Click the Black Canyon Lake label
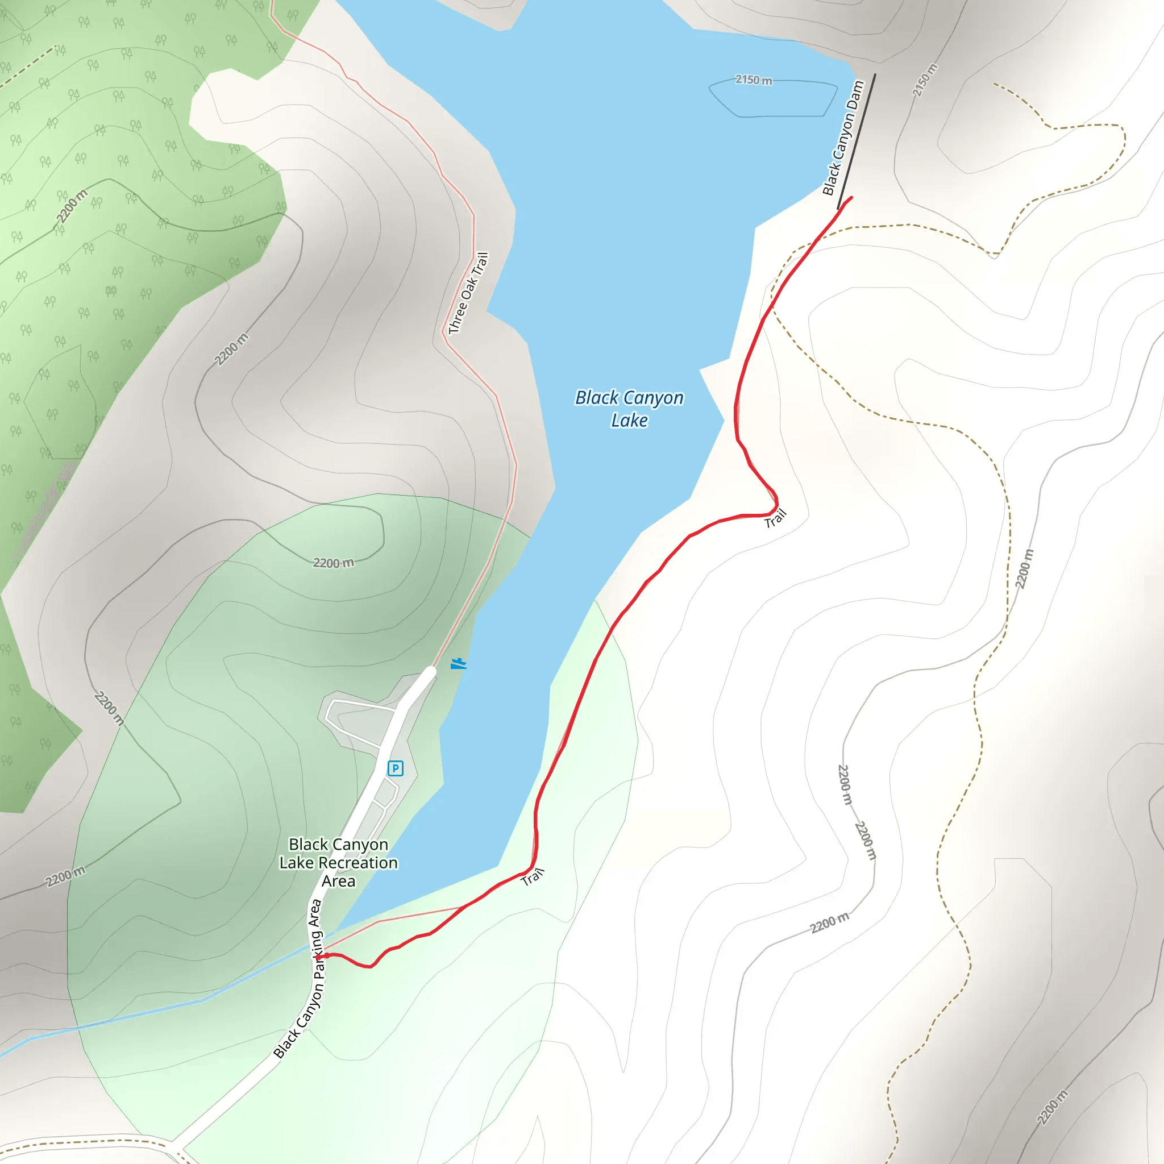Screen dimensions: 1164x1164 pyautogui.click(x=629, y=409)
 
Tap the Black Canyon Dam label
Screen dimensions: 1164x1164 pyautogui.click(x=843, y=138)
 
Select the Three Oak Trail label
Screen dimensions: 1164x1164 pyautogui.click(x=468, y=293)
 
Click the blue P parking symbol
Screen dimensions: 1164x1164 pyautogui.click(x=395, y=768)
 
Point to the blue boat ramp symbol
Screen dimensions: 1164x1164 pyautogui.click(x=459, y=663)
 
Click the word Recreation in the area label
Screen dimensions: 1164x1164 pyautogui.click(x=358, y=863)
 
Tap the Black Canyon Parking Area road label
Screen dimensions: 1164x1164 pyautogui.click(x=300, y=980)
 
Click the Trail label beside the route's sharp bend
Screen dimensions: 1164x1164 pyautogui.click(x=775, y=519)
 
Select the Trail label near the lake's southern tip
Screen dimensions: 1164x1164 pyautogui.click(x=533, y=876)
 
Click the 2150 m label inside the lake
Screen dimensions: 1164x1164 pyautogui.click(x=754, y=80)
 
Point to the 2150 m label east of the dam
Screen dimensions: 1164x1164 pyautogui.click(x=924, y=80)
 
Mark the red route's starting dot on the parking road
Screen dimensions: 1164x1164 pyautogui.click(x=318, y=956)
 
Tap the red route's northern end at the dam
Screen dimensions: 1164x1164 pyautogui.click(x=851, y=198)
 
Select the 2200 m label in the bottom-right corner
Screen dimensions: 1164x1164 pyautogui.click(x=1052, y=1107)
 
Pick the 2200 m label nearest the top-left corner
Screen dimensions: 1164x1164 pyautogui.click(x=72, y=206)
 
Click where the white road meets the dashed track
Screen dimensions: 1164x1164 pyautogui.click(x=174, y=1144)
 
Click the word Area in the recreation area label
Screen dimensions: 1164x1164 pyautogui.click(x=338, y=882)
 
